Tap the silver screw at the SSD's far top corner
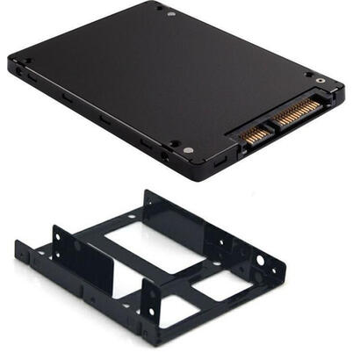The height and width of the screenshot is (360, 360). click(x=170, y=14)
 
